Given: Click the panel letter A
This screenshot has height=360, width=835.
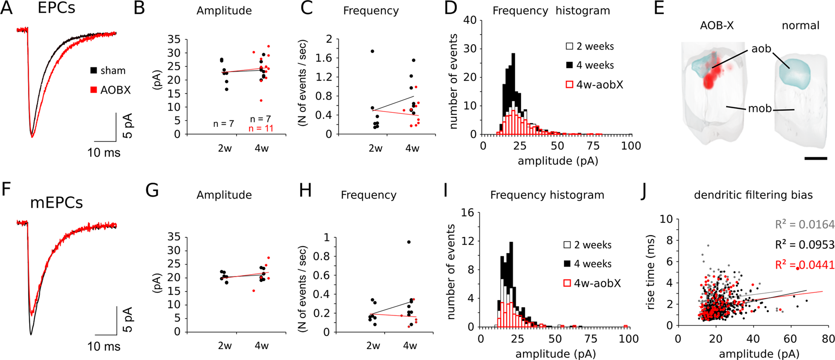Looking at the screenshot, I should click(7, 8).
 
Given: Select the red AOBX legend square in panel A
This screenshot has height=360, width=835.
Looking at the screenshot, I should click(93, 90).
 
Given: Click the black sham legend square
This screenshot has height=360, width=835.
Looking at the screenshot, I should click(93, 71).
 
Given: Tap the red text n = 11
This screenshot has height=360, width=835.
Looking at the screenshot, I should click(261, 129).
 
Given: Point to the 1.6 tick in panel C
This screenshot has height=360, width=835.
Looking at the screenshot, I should click(325, 58).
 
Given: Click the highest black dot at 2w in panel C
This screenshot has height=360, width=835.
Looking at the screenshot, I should click(372, 51).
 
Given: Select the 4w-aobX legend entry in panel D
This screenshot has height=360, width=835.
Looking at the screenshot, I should click(594, 84).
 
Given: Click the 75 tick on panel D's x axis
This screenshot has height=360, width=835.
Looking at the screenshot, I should click(594, 146).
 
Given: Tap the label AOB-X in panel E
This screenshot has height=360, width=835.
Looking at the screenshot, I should click(716, 26).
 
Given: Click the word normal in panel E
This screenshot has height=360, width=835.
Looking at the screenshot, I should click(800, 26).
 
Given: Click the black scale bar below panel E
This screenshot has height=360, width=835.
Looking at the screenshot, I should click(816, 158).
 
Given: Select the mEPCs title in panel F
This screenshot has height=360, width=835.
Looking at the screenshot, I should click(56, 203).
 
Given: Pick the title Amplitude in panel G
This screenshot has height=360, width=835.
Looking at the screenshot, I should click(224, 195).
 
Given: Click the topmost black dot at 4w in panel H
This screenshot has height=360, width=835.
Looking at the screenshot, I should click(409, 242).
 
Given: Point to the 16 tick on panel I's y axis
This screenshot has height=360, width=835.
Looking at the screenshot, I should click(467, 213).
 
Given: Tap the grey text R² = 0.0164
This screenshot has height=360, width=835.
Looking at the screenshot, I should click(804, 225).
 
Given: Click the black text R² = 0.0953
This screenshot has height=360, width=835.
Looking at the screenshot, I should click(804, 245).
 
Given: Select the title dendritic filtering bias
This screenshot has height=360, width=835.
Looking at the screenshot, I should click(753, 195).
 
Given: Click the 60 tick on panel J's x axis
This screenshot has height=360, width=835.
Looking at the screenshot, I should click(790, 339).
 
